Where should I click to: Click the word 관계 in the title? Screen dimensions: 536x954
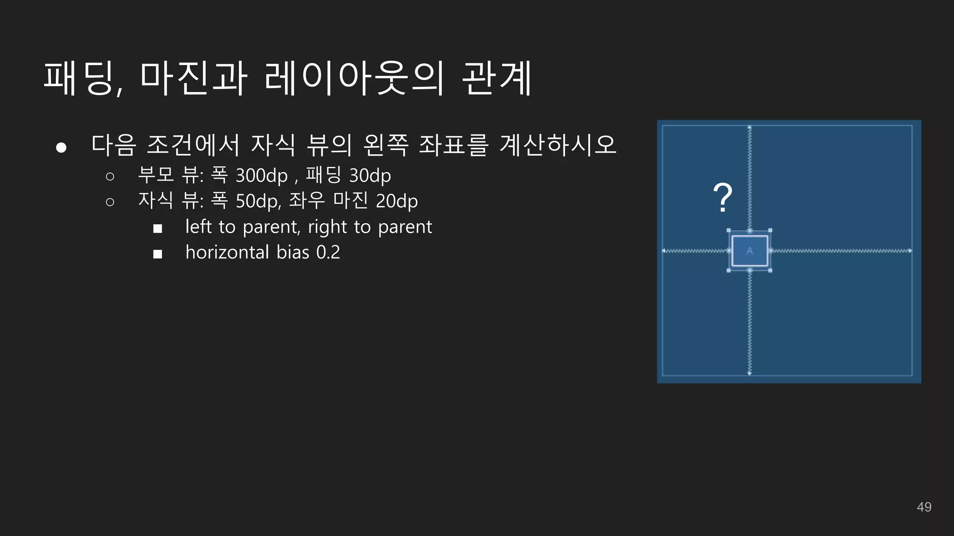[497, 78]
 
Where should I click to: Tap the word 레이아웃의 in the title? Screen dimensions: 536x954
[354, 78]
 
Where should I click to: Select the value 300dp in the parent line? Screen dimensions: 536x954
[261, 176]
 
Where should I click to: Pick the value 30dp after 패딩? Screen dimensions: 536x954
[370, 176]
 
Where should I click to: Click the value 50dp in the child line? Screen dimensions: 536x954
[258, 201]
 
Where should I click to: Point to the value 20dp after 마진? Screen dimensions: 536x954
[396, 201]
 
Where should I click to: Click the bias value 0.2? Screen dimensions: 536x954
[328, 252]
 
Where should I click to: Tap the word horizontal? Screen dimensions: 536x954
[227, 252]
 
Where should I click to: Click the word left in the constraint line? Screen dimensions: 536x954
[198, 227]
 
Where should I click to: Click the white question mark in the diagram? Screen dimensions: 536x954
[722, 198]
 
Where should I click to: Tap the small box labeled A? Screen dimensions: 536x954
[750, 251]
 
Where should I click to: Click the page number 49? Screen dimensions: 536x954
[924, 507]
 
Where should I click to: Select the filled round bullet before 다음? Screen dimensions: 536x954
[61, 147]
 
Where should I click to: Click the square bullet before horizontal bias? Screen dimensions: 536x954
[157, 254]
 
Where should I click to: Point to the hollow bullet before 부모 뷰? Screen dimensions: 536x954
[110, 176]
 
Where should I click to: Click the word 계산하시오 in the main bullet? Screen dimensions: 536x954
[558, 145]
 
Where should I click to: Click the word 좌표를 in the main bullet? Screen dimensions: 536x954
[453, 145]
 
